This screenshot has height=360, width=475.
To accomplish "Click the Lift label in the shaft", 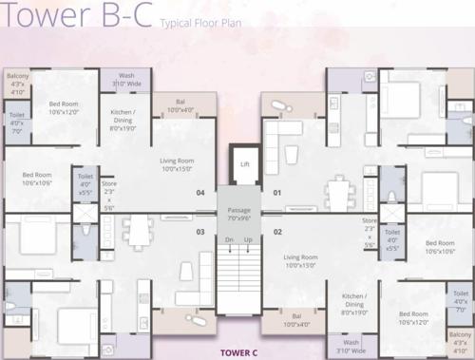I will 244,163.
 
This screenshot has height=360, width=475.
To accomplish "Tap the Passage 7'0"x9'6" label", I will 238,215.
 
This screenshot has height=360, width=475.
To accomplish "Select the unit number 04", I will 200,193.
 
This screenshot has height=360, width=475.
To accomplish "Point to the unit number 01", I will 277,193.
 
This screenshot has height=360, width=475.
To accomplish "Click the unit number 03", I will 200,231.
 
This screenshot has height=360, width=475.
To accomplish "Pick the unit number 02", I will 277,231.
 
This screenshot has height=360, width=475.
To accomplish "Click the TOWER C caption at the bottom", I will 238,352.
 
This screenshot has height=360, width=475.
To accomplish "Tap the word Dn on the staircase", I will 228,240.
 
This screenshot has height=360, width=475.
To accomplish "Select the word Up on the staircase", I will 248,240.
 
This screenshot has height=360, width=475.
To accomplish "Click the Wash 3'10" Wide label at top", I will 126,80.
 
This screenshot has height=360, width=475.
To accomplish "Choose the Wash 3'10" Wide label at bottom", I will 351,346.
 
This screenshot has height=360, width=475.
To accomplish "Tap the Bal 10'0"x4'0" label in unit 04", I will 180,105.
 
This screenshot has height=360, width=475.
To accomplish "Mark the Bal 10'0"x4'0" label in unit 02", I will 296,320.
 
